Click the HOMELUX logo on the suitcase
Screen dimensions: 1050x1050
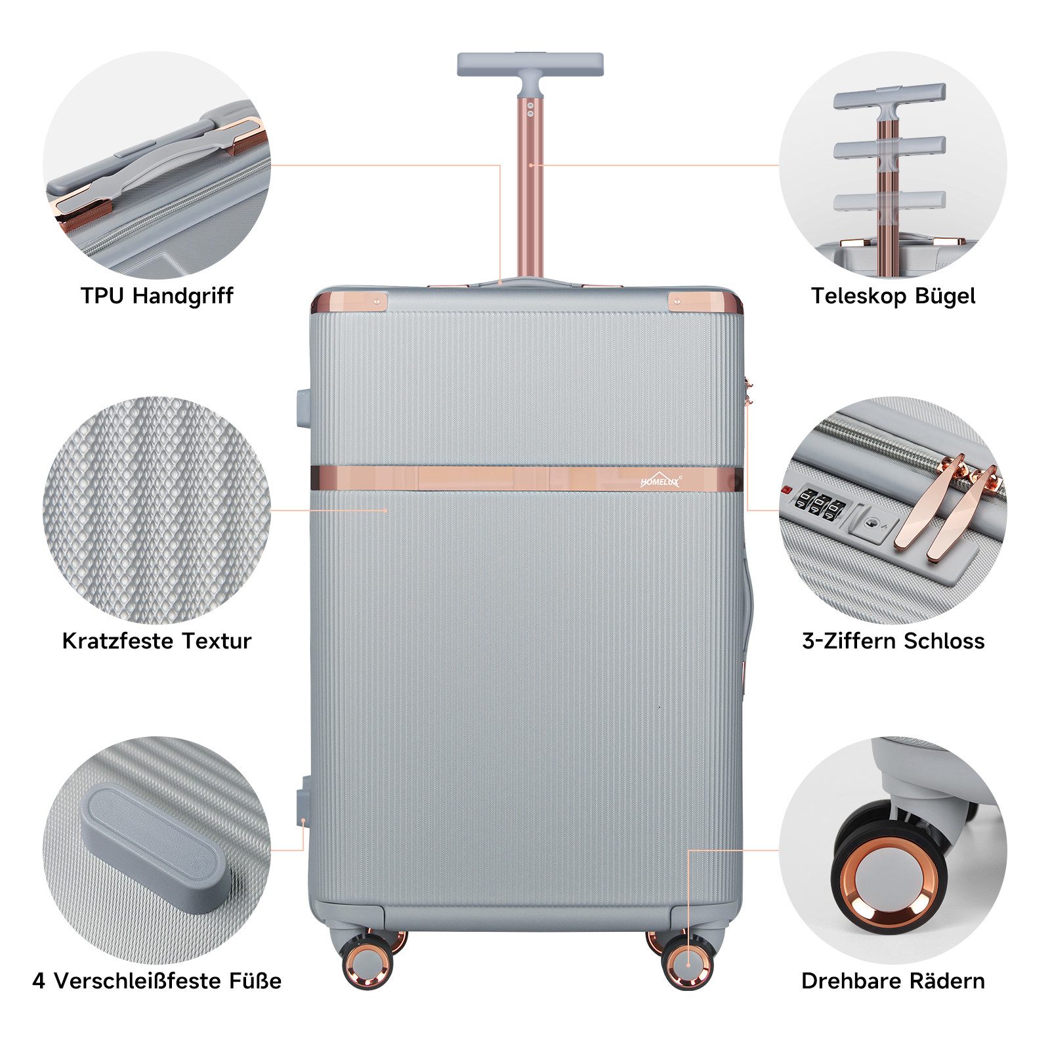(x=661, y=480)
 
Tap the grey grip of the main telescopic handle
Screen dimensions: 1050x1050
(x=530, y=64)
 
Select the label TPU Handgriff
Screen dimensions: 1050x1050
(x=157, y=296)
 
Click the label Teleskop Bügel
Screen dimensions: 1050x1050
(x=893, y=296)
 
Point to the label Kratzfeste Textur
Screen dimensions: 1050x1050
(x=157, y=640)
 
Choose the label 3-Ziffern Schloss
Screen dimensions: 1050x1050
(x=893, y=640)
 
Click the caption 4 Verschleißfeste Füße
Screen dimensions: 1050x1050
(x=157, y=981)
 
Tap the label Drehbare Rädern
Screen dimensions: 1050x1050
(x=893, y=981)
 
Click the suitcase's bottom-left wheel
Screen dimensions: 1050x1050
(x=367, y=964)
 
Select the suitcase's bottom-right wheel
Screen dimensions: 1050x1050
(x=687, y=964)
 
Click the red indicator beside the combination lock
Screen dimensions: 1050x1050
(x=786, y=490)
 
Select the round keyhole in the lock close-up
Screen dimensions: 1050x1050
(x=871, y=522)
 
